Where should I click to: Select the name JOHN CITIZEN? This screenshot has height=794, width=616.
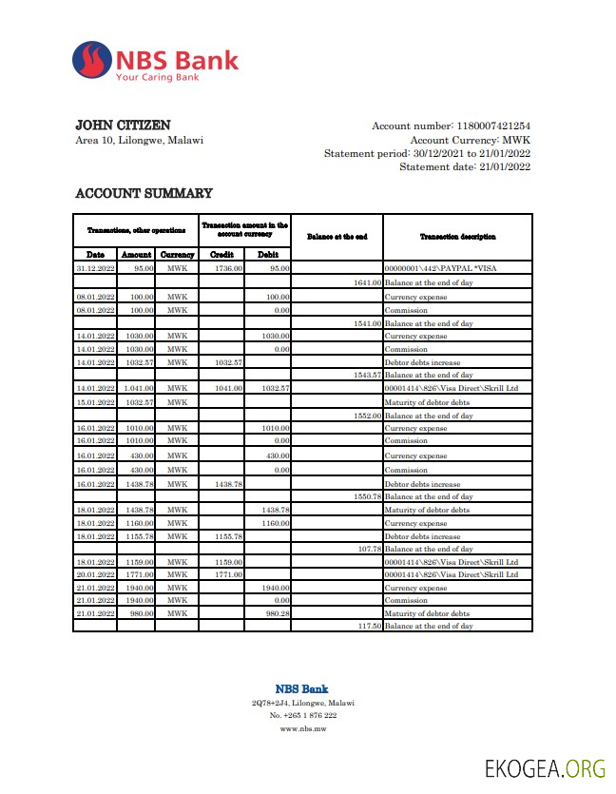click(x=123, y=126)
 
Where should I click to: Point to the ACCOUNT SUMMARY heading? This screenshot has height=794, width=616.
click(x=144, y=194)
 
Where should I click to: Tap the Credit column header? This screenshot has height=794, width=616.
click(x=221, y=255)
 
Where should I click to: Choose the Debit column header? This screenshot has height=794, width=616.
click(x=268, y=255)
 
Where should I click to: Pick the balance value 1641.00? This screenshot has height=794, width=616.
click(x=367, y=283)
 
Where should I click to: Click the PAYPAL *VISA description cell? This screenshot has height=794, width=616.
click(x=440, y=269)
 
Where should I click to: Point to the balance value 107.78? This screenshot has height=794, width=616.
click(x=370, y=549)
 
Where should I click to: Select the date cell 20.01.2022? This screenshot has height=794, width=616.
click(x=95, y=574)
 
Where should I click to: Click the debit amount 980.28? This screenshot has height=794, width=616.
click(x=276, y=614)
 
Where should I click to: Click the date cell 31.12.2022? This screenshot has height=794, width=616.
click(x=95, y=269)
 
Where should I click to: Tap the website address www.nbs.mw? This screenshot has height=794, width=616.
click(x=301, y=728)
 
